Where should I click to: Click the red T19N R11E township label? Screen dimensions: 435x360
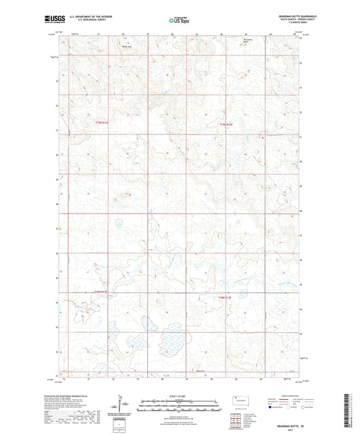pyautogui.click(x=101, y=122)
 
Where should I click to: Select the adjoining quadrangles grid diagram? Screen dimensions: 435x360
pyautogui.click(x=240, y=417)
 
